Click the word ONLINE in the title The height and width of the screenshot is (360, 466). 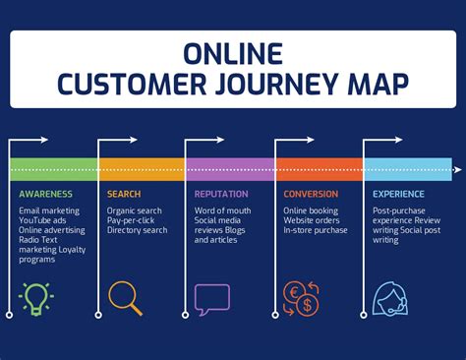233,52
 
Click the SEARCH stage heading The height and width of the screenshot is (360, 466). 124,195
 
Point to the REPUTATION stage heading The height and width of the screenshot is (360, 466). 221,195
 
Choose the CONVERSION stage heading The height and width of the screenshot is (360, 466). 311,195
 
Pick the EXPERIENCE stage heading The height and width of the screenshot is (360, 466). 398,195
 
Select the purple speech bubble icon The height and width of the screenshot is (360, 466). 211,297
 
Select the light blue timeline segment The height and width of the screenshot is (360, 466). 407,169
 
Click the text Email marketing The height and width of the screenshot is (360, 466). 50,210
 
